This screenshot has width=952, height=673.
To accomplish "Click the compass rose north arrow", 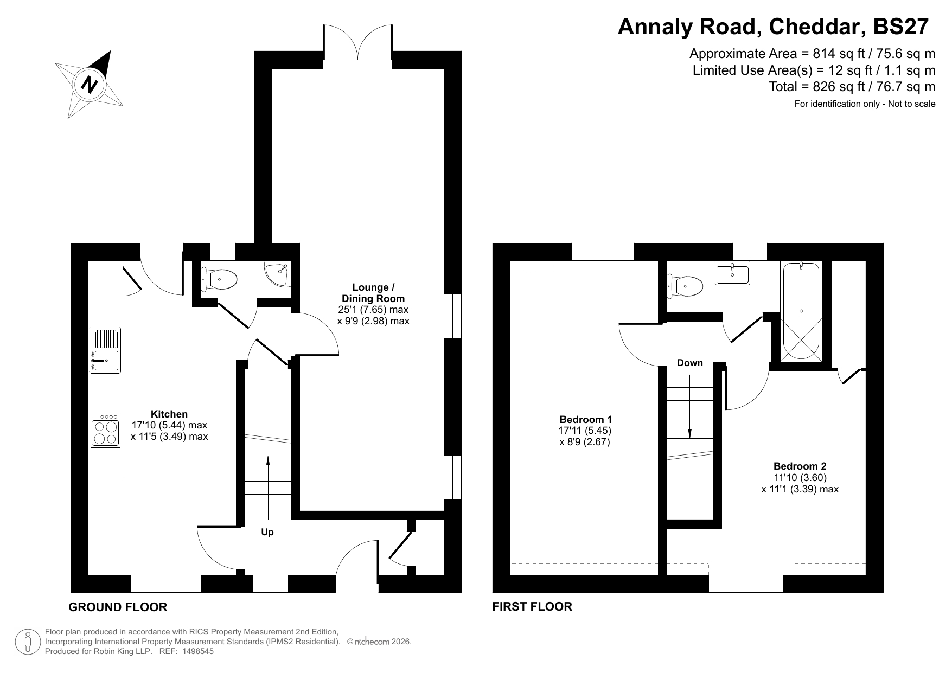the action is [90, 84].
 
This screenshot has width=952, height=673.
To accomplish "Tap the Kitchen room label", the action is [169, 414].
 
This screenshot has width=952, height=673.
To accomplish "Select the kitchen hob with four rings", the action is [106, 431].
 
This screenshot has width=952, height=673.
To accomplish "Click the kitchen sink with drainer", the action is [106, 351].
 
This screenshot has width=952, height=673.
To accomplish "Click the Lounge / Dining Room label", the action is [373, 293].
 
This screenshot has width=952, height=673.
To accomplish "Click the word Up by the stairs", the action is [267, 532].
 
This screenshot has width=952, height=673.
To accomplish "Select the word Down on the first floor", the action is [690, 363].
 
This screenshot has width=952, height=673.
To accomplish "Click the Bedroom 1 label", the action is [586, 419].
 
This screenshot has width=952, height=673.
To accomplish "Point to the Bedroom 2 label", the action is [800, 466].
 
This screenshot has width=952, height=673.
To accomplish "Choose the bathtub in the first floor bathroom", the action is [801, 312].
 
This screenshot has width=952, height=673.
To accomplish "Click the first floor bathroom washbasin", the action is [733, 273].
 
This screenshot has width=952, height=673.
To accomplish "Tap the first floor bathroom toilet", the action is [686, 285].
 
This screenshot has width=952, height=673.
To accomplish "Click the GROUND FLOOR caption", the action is [118, 607].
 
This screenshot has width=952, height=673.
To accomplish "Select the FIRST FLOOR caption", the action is [532, 606].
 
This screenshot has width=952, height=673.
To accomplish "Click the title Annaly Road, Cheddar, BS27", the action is [774, 27].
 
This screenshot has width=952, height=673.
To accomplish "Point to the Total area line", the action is [852, 87].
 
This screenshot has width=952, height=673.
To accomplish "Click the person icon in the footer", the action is [28, 642].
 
